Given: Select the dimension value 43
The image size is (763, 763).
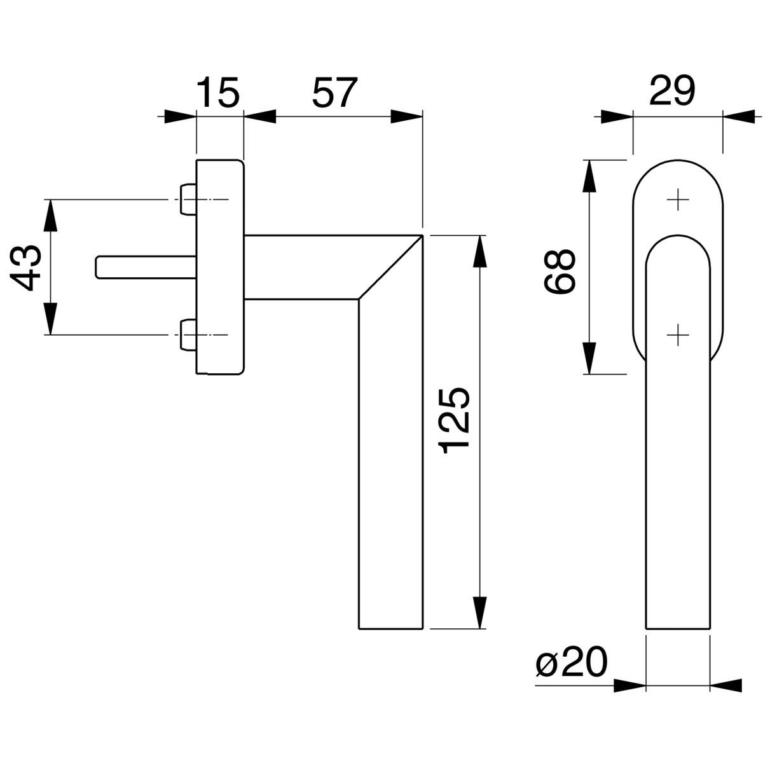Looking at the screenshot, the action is tap(26, 268).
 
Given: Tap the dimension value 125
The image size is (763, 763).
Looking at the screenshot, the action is tap(454, 420).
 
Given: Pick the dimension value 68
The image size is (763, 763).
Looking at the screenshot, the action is tap(559, 271).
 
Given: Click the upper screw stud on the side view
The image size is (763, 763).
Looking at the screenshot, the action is tap(188, 199).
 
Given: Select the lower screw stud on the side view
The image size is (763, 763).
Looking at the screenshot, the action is tap(188, 335).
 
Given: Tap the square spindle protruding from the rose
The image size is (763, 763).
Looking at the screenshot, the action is tap(146, 267).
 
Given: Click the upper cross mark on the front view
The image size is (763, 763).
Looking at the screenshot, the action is tap(678, 199).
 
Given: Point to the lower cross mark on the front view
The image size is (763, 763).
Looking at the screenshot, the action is tap(678, 335).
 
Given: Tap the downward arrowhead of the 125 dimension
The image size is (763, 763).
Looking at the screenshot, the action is tap(480, 612).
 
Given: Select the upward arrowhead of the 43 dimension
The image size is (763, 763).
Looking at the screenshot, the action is tap(50, 216).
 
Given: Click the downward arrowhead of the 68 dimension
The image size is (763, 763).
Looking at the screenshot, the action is tap(590, 357).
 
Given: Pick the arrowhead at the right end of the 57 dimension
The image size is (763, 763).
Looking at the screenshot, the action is tap(407, 116).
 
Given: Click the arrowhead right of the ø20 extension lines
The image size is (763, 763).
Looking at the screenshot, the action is tap(725, 685).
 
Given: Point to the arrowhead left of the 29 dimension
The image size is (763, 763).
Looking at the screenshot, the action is tap(617, 116).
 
